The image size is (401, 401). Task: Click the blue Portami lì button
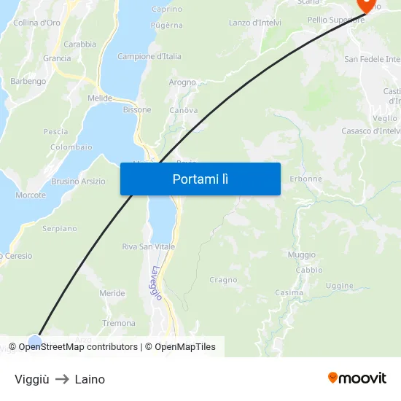(x=200, y=179)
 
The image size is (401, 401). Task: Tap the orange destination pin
(x=365, y=4)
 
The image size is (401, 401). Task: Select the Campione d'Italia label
(x=149, y=56)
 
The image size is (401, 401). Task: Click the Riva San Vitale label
(x=148, y=246)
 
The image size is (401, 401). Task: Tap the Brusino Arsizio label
(x=78, y=182)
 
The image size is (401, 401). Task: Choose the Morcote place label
(x=31, y=195)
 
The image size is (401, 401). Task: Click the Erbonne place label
(x=305, y=179)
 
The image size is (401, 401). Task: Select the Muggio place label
(x=302, y=254)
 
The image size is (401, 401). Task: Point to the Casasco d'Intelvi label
(x=371, y=131)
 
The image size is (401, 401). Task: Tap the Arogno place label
(x=182, y=82)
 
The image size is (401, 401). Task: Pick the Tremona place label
(x=119, y=323)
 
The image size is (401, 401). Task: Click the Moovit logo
(x=357, y=378)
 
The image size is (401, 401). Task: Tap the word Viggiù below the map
(x=31, y=379)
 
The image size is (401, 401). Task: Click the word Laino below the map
(x=90, y=379)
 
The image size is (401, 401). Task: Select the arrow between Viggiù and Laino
(x=62, y=379)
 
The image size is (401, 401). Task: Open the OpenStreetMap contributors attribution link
(x=78, y=347)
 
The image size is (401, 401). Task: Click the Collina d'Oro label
(x=36, y=23)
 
